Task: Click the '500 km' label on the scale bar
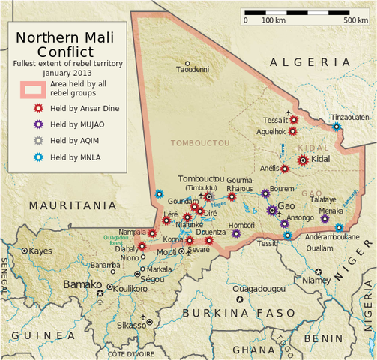tap(355, 19)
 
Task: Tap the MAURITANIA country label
tap(73, 205)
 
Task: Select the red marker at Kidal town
tap(303, 160)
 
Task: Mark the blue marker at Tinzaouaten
tap(337, 127)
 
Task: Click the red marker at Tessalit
tap(294, 119)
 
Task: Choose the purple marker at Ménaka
tap(325, 219)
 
